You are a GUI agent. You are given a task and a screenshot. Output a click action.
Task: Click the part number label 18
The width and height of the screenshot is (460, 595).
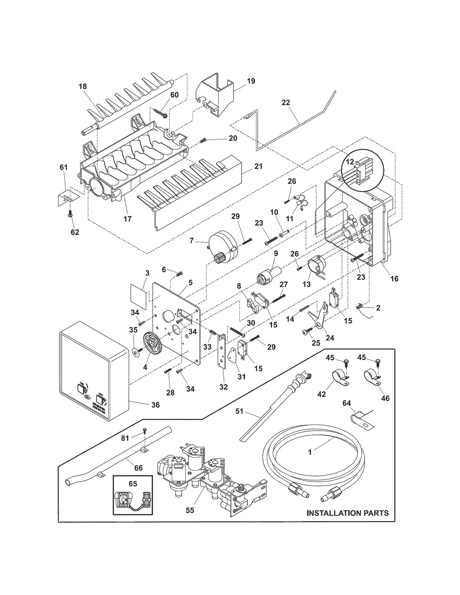83,86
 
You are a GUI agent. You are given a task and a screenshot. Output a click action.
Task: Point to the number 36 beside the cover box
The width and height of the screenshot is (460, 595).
155,405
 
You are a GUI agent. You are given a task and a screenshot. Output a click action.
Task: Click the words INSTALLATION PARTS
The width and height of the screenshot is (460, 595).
347,513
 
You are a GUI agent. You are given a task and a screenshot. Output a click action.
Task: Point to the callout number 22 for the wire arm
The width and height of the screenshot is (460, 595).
285,103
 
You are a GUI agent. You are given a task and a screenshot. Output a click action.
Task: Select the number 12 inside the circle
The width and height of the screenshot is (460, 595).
350,162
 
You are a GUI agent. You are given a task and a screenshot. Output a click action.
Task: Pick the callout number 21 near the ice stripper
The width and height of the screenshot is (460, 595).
258,166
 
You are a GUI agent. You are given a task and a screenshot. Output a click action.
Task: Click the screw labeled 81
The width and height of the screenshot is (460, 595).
145,430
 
